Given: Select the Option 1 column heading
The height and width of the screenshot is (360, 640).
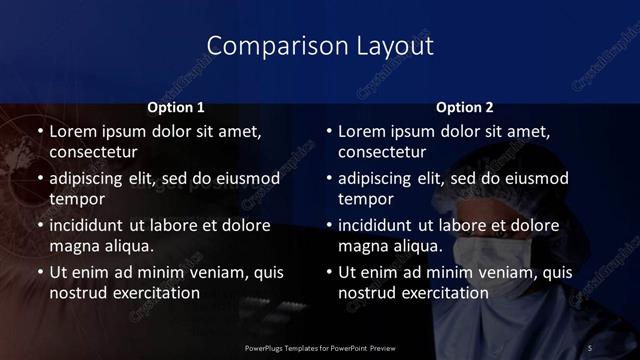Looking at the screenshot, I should click(176, 107).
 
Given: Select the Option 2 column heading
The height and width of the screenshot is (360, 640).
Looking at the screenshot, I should click(465, 107).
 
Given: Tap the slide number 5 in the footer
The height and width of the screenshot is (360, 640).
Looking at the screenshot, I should click(590, 346).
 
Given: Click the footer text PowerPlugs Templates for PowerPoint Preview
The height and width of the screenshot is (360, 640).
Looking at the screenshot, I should click(320, 346).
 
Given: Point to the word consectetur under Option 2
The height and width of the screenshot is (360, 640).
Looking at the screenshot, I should click(383, 153).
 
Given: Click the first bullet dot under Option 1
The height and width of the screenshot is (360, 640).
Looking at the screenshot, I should click(39, 131).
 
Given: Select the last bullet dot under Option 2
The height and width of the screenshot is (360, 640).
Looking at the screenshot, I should click(329, 272).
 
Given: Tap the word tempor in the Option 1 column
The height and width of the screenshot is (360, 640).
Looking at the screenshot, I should click(73, 200).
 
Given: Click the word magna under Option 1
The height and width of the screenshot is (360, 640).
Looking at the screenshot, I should click(73, 247).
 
